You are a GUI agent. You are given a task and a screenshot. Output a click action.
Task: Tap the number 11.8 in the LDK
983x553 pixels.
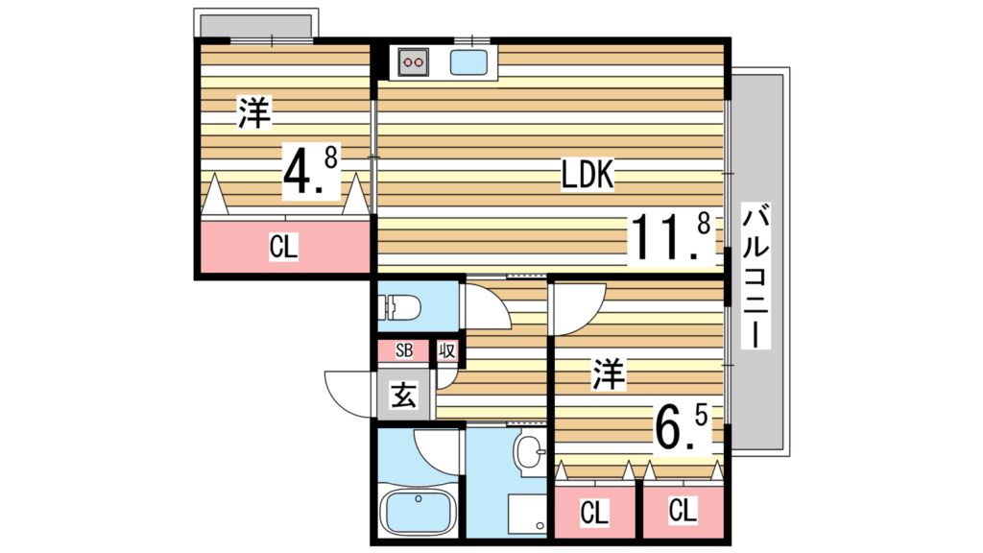point(670,238)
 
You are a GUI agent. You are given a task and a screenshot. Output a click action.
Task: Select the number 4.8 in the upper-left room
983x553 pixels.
point(309,171)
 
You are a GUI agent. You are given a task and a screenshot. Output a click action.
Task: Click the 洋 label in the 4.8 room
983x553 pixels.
point(254,114)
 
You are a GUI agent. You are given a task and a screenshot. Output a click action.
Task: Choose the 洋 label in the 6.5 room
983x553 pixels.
point(608,373)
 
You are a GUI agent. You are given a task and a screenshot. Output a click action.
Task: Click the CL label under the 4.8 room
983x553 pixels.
point(283,248)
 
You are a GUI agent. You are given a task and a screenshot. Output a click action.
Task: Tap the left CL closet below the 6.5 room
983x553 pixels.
point(594,513)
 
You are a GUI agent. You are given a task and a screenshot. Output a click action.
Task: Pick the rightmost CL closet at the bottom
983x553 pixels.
point(683,510)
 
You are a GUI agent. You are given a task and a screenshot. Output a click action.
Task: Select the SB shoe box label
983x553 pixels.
point(404,350)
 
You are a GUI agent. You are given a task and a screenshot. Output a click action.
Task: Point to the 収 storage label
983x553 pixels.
point(446,350)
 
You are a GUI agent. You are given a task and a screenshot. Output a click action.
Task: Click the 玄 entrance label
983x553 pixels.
point(404,395)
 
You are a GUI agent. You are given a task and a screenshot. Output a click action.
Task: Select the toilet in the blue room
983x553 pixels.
point(401,307)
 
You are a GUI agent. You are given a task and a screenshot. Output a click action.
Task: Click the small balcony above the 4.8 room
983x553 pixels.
point(255,23)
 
